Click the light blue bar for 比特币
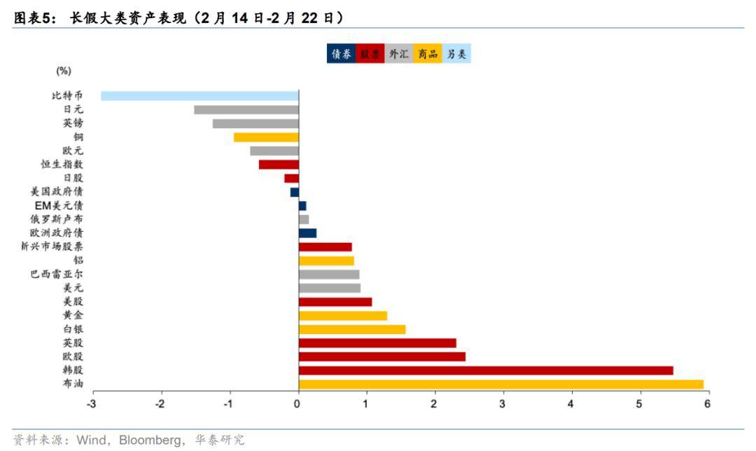click(199, 96)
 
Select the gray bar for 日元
click(246, 109)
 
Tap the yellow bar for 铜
click(266, 137)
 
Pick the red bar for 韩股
click(486, 370)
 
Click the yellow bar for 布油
click(500, 384)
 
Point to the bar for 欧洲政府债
click(307, 233)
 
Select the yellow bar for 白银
click(352, 329)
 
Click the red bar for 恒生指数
click(279, 165)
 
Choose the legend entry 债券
click(341, 54)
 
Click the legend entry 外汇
click(399, 54)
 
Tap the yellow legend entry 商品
click(428, 54)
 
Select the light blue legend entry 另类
click(456, 54)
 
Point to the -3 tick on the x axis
click(92, 404)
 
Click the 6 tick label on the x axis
click(707, 404)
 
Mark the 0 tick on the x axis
click(297, 404)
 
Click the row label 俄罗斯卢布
click(62, 219)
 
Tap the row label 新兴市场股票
click(52, 247)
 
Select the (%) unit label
click(64, 71)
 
